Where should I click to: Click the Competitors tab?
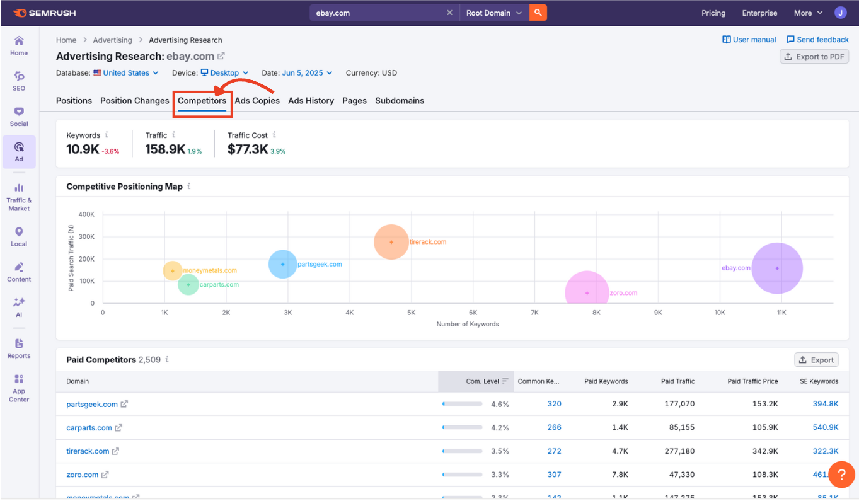click(x=202, y=101)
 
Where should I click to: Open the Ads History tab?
click(x=311, y=101)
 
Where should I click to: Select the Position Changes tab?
click(x=134, y=101)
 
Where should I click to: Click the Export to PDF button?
click(x=814, y=57)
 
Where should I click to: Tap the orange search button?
click(x=538, y=13)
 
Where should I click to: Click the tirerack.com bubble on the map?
click(x=391, y=242)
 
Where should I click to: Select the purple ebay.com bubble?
click(x=777, y=268)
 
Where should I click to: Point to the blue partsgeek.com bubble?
click(x=283, y=264)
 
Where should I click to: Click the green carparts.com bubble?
click(x=188, y=285)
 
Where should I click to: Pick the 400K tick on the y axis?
click(x=86, y=214)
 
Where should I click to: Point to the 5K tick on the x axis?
click(x=411, y=313)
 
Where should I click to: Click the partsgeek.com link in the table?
click(x=92, y=404)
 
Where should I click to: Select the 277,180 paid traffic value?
click(x=679, y=451)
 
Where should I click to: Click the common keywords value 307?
click(x=554, y=475)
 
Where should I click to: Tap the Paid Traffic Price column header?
click(x=752, y=381)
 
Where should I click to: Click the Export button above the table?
click(x=816, y=360)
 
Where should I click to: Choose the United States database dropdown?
click(x=126, y=73)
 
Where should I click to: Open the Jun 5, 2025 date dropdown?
click(x=306, y=73)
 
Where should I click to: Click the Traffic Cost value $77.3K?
click(x=248, y=149)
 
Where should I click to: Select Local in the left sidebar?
click(x=19, y=237)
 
